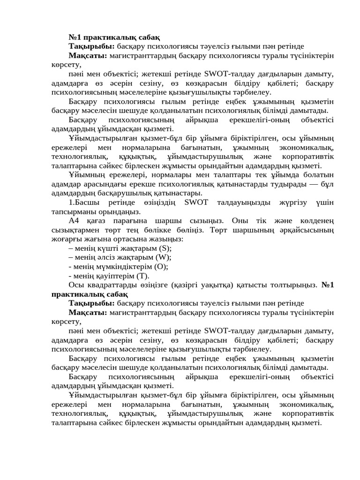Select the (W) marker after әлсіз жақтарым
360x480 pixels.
point(165,257)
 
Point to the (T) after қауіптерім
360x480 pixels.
point(143,275)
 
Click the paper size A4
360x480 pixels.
point(75,221)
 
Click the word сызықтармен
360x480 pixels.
point(74,230)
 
